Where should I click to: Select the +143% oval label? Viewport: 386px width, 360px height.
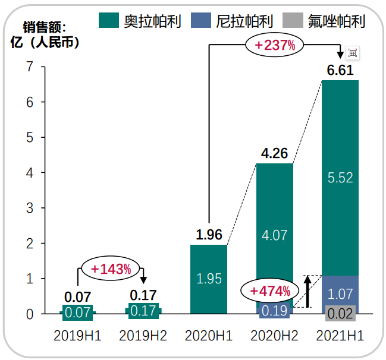111,269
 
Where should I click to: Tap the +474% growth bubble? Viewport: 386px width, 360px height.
270,291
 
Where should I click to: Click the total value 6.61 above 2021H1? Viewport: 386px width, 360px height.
340,71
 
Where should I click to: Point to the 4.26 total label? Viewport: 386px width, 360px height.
274,154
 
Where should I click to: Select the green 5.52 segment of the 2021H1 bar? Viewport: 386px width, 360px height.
340,177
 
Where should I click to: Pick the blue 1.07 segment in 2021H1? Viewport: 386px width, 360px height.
340,293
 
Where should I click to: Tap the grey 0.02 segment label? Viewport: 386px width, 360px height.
340,314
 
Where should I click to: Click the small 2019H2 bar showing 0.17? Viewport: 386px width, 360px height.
143,310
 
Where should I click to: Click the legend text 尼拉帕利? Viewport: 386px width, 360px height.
244,22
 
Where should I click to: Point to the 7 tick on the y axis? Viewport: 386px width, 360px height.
29,67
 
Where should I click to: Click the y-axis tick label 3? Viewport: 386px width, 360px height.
29,208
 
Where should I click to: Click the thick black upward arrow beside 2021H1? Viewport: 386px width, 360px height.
307,291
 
